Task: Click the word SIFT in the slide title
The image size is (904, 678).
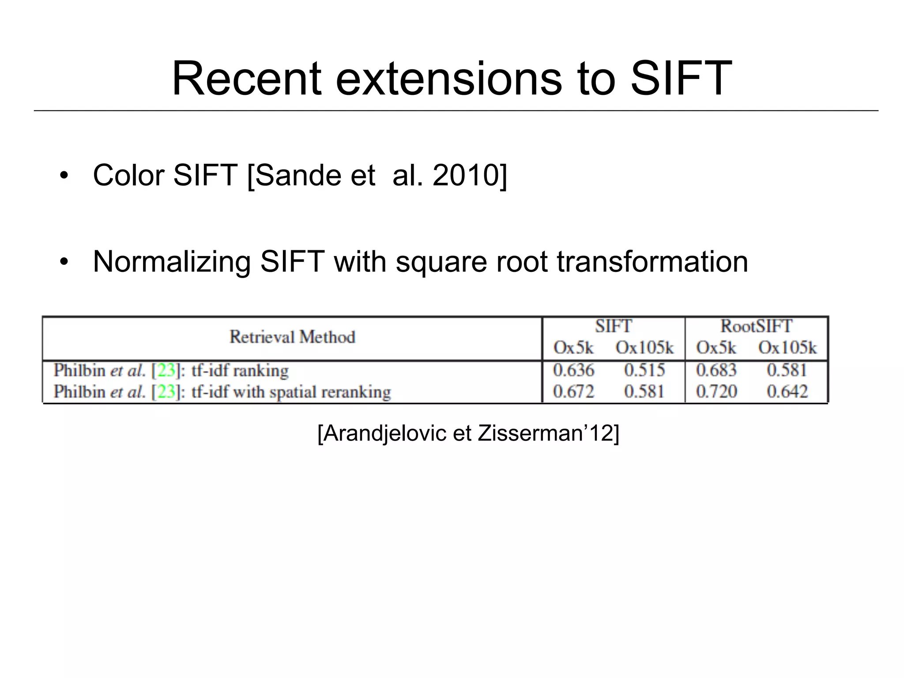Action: pyautogui.click(x=681, y=79)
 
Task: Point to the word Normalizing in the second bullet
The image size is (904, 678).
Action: pyautogui.click(x=172, y=262)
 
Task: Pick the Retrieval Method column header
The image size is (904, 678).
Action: pyautogui.click(x=292, y=337)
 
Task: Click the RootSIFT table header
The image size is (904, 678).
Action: pyautogui.click(x=756, y=326)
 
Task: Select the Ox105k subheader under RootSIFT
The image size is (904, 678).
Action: pyautogui.click(x=787, y=348)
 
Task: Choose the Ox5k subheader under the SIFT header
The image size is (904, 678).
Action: pyautogui.click(x=573, y=348)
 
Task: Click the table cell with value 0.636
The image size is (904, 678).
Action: pyautogui.click(x=573, y=370)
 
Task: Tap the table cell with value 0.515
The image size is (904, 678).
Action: pyautogui.click(x=644, y=370)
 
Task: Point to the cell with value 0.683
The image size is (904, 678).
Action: pyautogui.click(x=716, y=370)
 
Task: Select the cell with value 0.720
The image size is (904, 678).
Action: pyautogui.click(x=716, y=392)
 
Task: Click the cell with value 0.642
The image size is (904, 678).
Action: pyautogui.click(x=787, y=392)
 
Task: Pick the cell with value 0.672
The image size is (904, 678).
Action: pyautogui.click(x=573, y=392)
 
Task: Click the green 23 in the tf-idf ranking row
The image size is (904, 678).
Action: pyautogui.click(x=166, y=370)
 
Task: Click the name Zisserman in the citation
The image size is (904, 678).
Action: pyautogui.click(x=533, y=433)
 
